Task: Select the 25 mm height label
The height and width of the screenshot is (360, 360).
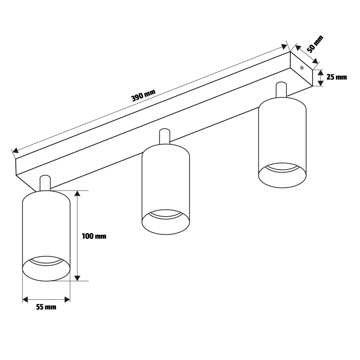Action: (x=336, y=77)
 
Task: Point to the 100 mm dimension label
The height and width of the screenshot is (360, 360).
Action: (x=94, y=236)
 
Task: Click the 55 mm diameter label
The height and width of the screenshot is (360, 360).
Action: (x=46, y=307)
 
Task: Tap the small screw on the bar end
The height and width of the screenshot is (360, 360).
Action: (x=302, y=68)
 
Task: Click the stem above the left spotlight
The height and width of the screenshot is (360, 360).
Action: (x=45, y=183)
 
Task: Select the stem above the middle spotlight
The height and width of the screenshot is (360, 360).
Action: (x=164, y=136)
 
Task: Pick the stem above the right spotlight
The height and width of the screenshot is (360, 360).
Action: (x=281, y=90)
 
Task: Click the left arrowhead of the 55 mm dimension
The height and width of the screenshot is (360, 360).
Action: (x=25, y=299)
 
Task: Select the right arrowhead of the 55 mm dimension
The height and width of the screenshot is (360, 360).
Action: (x=67, y=299)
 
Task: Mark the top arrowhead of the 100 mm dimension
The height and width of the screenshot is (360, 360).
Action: (x=77, y=194)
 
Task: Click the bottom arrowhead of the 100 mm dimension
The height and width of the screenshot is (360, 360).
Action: (x=77, y=277)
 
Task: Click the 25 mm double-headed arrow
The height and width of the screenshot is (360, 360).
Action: (x=320, y=78)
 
